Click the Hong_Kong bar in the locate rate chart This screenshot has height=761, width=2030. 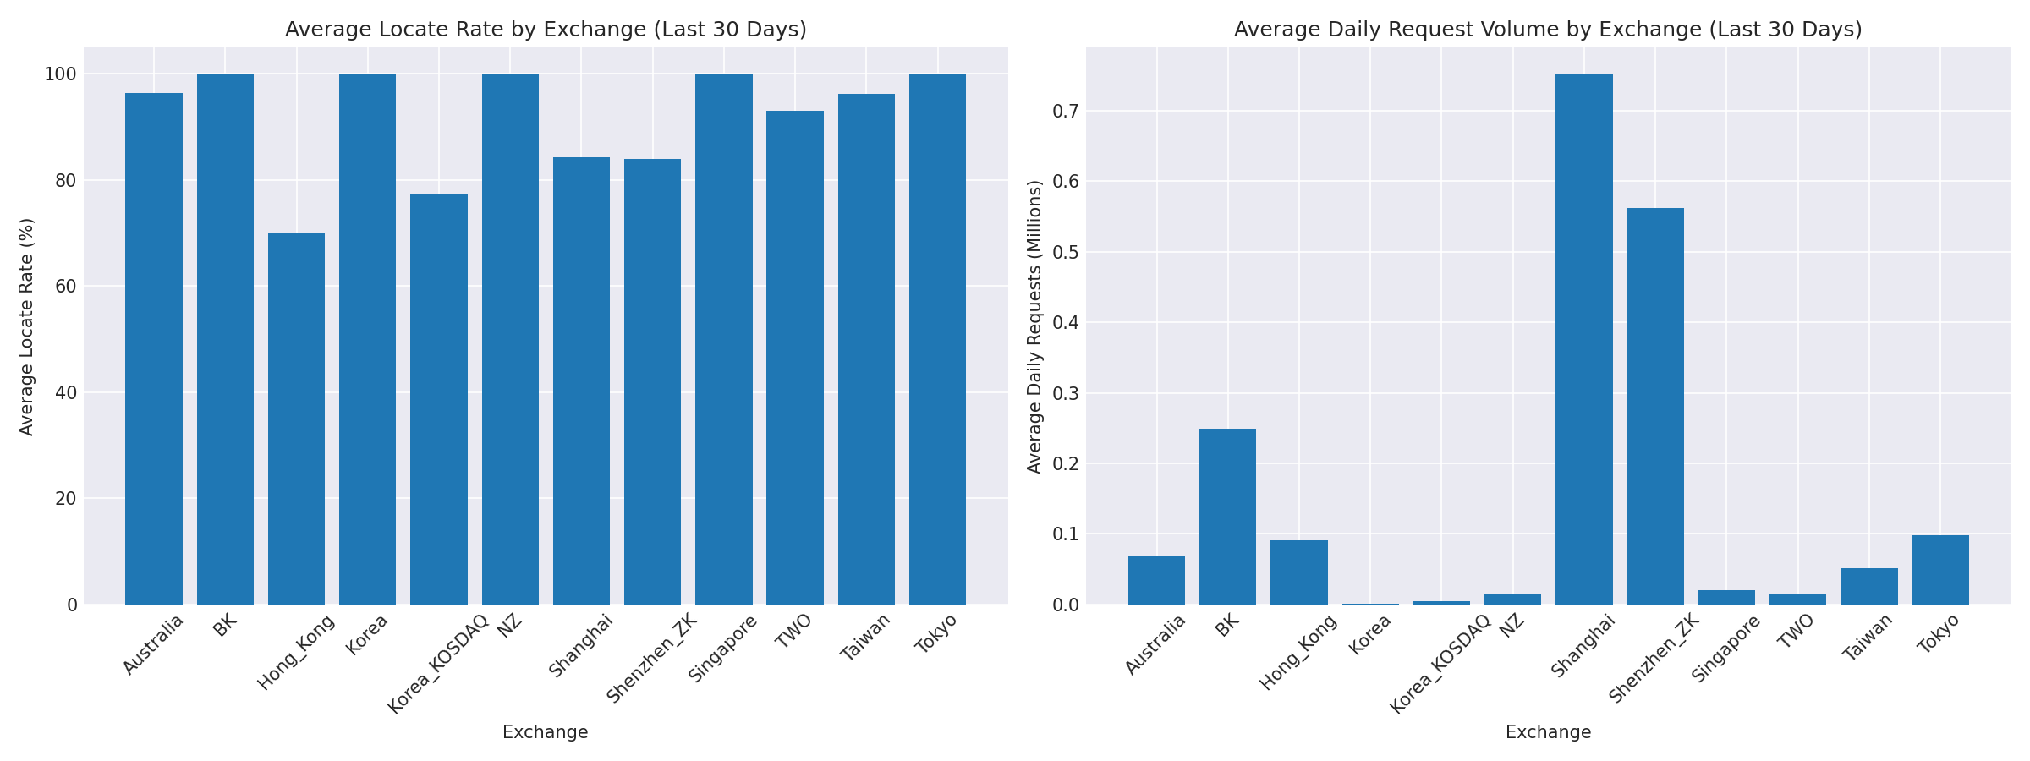pyautogui.click(x=296, y=419)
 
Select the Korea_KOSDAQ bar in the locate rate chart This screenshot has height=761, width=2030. pyautogui.click(x=438, y=399)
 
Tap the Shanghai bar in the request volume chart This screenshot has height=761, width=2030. pyautogui.click(x=1583, y=338)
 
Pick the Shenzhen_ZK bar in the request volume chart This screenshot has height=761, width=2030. pyautogui.click(x=1654, y=406)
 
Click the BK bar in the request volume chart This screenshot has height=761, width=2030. pyautogui.click(x=1227, y=516)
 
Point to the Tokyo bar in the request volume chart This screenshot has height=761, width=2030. pyautogui.click(x=1939, y=569)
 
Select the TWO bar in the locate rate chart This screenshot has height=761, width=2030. pyautogui.click(x=794, y=357)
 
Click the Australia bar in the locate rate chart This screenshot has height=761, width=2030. pyautogui.click(x=154, y=348)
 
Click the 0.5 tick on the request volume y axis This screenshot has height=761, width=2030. pyautogui.click(x=1065, y=252)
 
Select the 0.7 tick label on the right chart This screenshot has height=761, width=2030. pyautogui.click(x=1065, y=111)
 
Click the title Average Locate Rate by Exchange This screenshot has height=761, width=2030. pyautogui.click(x=546, y=30)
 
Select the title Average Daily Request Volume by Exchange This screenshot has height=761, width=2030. pyautogui.click(x=1548, y=30)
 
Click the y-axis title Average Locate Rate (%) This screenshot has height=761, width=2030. pyautogui.click(x=26, y=326)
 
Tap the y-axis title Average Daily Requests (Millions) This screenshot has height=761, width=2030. pyautogui.click(x=1034, y=326)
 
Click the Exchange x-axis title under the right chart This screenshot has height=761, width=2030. pyautogui.click(x=1548, y=732)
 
